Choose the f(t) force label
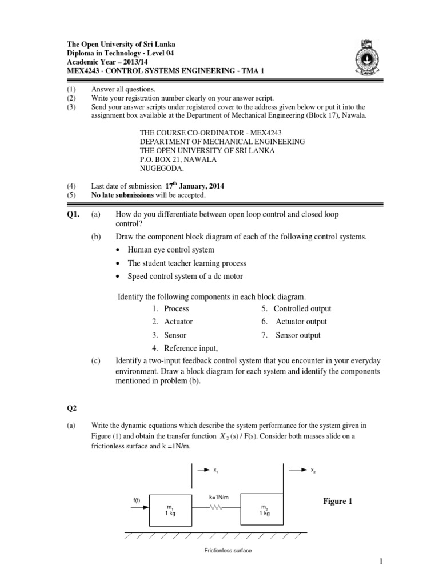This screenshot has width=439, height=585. (137, 500)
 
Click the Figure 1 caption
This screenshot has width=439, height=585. (338, 501)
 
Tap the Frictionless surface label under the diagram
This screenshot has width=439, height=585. (228, 551)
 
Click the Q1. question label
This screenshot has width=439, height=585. (74, 214)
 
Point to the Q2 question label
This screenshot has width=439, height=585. (71, 408)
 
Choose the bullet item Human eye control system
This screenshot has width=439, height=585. (171, 250)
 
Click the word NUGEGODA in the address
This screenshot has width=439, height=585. (162, 169)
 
